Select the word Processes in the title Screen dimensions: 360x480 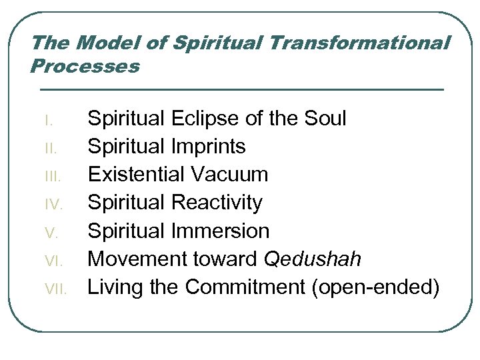pyautogui.click(x=85, y=67)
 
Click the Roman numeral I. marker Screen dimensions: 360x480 pyautogui.click(x=47, y=121)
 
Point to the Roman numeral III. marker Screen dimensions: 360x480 pyautogui.click(x=52, y=177)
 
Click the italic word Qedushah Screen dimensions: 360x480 pyautogui.click(x=313, y=259)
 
